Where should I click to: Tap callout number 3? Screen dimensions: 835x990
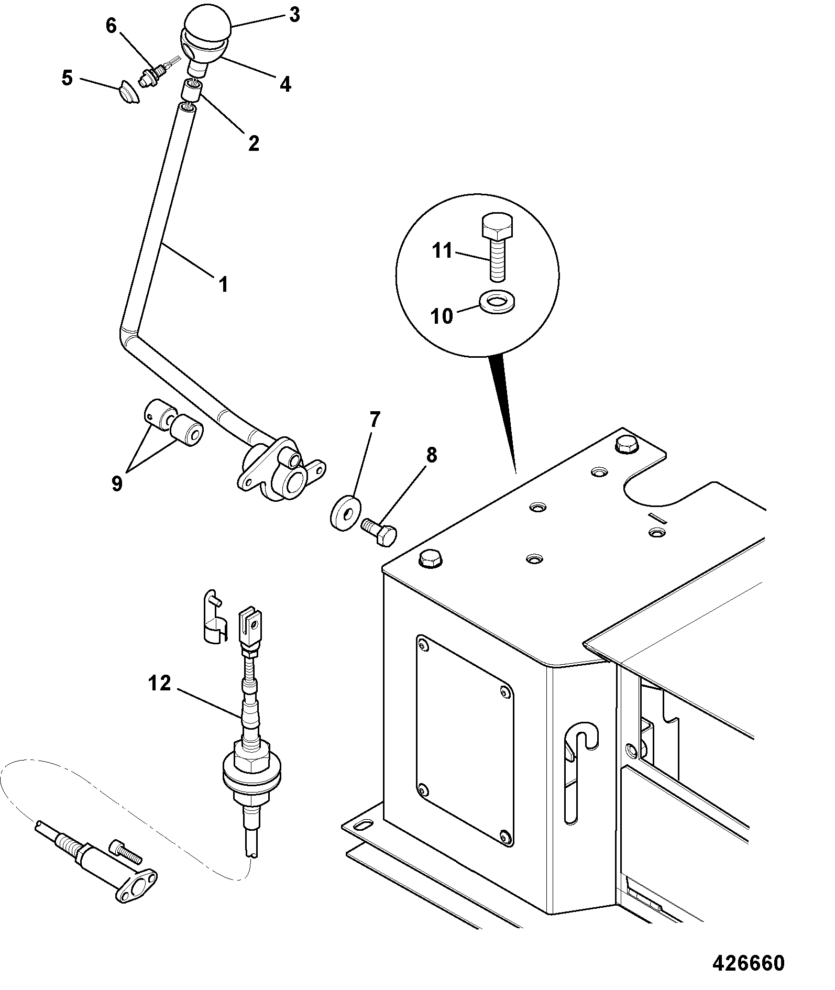point(294,15)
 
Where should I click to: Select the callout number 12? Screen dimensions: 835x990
point(160,683)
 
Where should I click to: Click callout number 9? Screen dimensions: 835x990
point(116,483)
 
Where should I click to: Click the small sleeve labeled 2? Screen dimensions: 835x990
point(191,91)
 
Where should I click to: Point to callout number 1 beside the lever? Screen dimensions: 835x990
point(223,285)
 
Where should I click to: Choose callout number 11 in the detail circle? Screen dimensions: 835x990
point(442,251)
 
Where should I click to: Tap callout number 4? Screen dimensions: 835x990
point(285,84)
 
